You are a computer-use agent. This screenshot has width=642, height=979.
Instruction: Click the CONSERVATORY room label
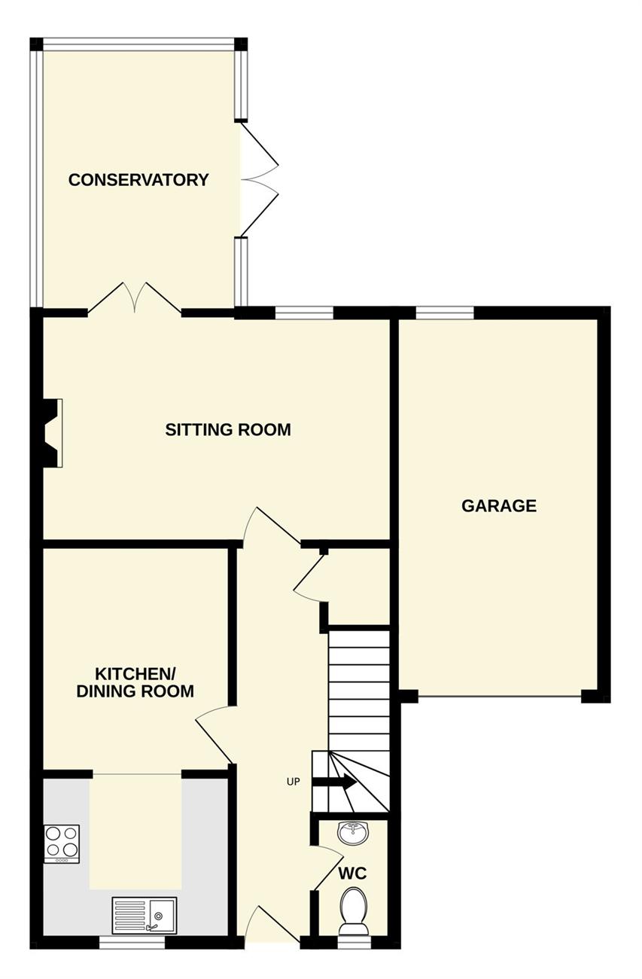(x=138, y=180)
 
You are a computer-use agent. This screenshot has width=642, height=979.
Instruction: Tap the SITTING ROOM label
(x=228, y=429)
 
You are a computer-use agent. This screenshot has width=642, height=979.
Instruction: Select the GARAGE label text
(x=499, y=505)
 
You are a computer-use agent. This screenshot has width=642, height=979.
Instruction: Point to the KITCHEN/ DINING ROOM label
(x=135, y=683)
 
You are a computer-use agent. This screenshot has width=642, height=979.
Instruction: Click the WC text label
(x=352, y=874)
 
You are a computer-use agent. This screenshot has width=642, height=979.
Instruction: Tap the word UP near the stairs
(x=294, y=782)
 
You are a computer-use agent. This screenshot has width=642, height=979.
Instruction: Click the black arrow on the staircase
(x=335, y=782)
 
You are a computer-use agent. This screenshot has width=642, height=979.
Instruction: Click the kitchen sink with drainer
(x=145, y=915)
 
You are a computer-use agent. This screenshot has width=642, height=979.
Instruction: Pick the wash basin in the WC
(x=353, y=833)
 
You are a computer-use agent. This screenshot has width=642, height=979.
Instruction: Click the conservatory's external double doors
(x=260, y=180)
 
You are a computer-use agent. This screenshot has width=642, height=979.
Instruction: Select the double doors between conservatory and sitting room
(x=135, y=298)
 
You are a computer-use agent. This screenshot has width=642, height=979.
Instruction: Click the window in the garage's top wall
(x=445, y=313)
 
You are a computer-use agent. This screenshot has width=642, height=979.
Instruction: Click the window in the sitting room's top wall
(x=304, y=313)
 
